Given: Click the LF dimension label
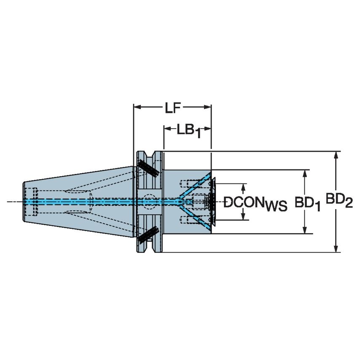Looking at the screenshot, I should (172, 108).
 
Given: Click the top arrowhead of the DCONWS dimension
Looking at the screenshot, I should (243, 186).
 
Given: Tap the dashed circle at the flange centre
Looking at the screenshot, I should (148, 202).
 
